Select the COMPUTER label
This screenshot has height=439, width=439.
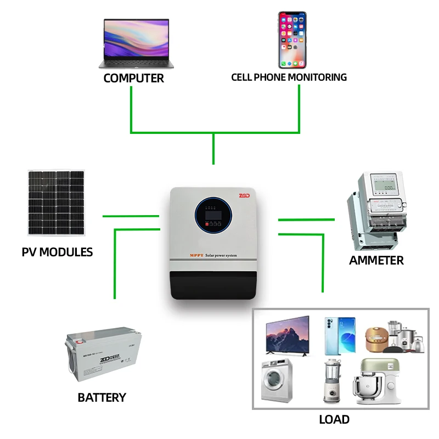pos(134,78)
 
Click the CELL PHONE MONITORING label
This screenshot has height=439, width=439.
pos(289,77)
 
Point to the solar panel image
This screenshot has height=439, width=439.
pos(56,204)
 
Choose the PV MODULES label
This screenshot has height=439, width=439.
pos(57,252)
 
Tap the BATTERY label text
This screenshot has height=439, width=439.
pos(102,397)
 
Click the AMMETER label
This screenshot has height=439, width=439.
pos(376,260)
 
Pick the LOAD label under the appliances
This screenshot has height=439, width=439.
pos(334,420)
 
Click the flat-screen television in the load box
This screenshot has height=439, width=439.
pos(287,335)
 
